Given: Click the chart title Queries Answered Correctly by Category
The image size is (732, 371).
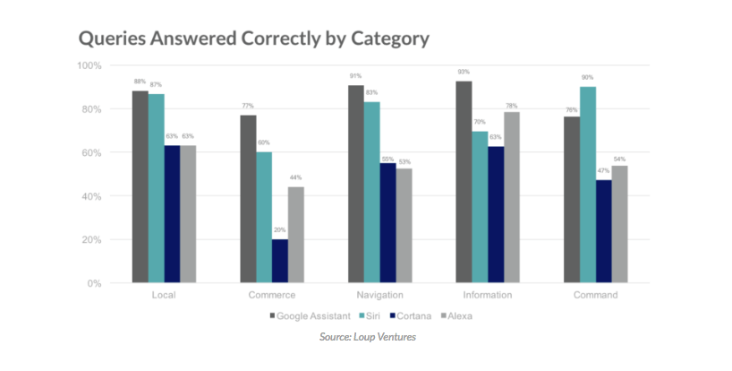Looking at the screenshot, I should [x=254, y=39].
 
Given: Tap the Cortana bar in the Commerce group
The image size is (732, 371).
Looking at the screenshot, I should [x=280, y=261].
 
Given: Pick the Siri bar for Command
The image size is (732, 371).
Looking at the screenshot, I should [x=587, y=185].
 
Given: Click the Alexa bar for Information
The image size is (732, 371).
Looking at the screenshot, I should [x=512, y=197].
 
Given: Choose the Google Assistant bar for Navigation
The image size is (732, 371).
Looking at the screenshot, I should [x=355, y=184].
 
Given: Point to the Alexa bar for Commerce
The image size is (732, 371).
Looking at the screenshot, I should [x=296, y=235].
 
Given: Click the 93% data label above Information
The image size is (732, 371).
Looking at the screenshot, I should [x=463, y=72].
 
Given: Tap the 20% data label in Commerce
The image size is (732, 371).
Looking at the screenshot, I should [x=280, y=230].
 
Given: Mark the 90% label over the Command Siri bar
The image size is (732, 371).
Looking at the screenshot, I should [x=587, y=78].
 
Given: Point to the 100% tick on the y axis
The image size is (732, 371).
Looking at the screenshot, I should [x=89, y=66].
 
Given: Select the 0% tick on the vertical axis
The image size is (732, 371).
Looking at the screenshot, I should [x=94, y=283].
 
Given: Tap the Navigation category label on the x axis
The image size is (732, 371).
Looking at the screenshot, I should [x=379, y=295].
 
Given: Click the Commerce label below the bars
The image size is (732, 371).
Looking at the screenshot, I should [x=272, y=295].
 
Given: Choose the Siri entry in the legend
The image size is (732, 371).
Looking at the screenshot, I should [x=376, y=315].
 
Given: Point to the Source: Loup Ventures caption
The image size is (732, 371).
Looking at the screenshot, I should [x=367, y=337].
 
